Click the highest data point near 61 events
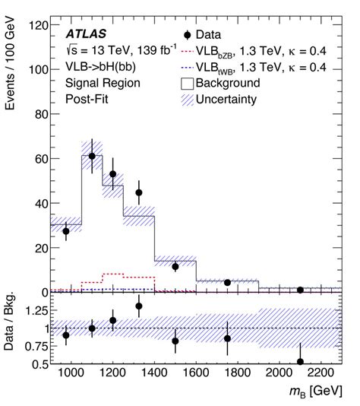[92, 156]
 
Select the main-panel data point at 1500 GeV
[175, 267]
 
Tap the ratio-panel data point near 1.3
[139, 306]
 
